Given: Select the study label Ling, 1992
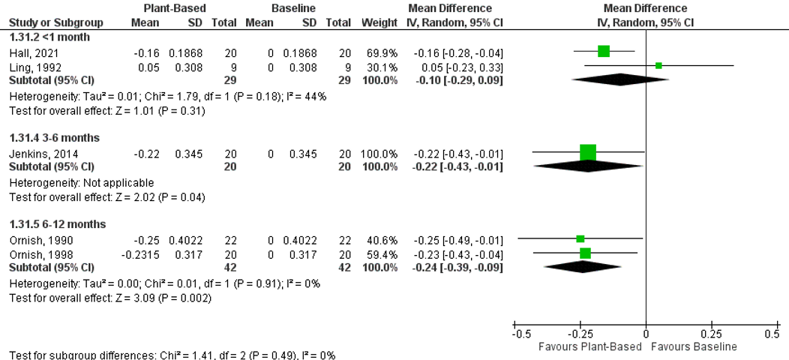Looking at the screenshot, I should [28, 67].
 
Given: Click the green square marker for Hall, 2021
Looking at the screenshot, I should [604, 51].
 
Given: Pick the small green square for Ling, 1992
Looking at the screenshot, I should [658, 66].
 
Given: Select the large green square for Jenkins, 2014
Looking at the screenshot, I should [588, 152].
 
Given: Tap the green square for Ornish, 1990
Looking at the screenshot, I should [580, 238].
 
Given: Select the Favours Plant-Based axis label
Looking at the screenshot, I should [590, 346].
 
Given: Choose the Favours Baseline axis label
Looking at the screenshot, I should [694, 346].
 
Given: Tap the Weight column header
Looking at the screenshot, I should [379, 22].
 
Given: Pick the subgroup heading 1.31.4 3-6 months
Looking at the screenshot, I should [53, 138].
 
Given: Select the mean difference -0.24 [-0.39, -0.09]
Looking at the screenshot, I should [457, 266].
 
